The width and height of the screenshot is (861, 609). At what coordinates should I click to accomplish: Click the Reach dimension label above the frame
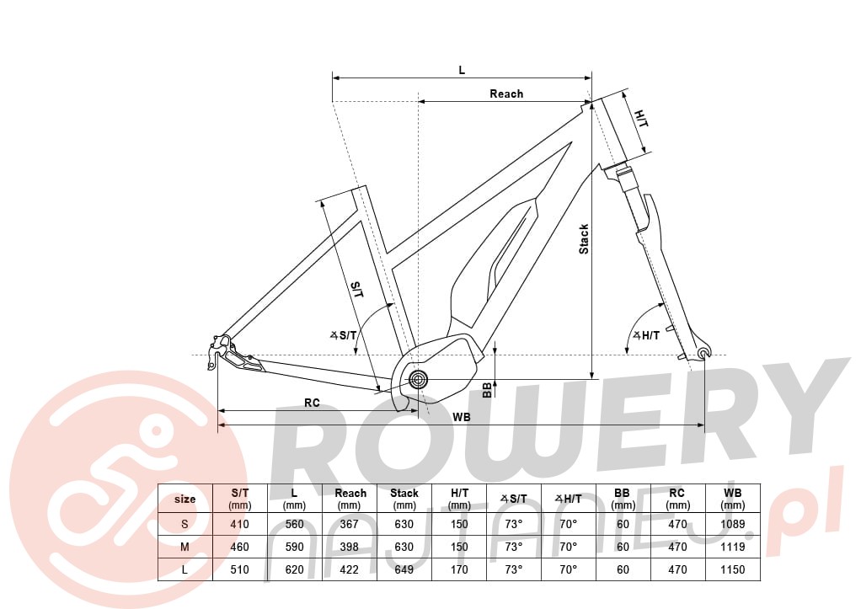[x=506, y=93]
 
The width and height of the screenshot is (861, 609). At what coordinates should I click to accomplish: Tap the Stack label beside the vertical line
[x=584, y=239]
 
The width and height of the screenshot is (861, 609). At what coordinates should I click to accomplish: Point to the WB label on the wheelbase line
[x=462, y=417]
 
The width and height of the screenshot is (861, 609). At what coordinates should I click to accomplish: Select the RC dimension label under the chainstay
[x=312, y=403]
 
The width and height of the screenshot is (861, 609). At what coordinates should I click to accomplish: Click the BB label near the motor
[x=486, y=389]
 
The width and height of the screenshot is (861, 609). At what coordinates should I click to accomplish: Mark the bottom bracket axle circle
[x=418, y=378]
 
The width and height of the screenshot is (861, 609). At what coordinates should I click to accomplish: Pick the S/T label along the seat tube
[x=357, y=290]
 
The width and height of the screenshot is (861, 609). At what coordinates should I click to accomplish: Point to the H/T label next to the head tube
[x=641, y=118]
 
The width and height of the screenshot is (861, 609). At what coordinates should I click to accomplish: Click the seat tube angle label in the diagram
[x=344, y=335]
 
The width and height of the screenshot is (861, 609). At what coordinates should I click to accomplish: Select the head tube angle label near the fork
[x=646, y=335]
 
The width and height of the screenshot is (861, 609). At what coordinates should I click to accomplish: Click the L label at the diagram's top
[x=462, y=70]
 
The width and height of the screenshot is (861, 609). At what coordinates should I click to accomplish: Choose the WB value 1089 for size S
[x=732, y=524]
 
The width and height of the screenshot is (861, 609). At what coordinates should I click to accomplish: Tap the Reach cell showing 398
[x=350, y=547]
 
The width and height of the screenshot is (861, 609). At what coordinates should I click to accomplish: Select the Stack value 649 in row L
[x=404, y=569]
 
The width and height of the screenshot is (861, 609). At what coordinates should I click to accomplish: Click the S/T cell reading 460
[x=239, y=547]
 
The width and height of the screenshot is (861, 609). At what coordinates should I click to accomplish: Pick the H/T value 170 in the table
[x=459, y=569]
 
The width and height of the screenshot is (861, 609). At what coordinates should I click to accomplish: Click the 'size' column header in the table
[x=185, y=499]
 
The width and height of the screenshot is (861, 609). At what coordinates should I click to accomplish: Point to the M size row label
[x=184, y=547]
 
